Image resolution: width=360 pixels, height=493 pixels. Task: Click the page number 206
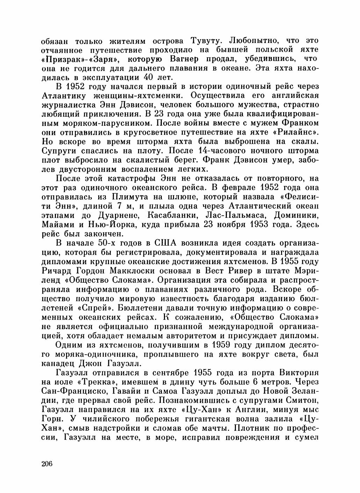pos(47,464)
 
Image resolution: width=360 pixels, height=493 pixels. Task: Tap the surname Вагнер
pos(185,59)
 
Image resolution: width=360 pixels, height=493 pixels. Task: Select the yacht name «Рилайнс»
pos(298,132)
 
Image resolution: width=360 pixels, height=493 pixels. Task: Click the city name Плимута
pos(129,196)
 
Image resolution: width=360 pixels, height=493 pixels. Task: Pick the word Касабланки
pos(178,215)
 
